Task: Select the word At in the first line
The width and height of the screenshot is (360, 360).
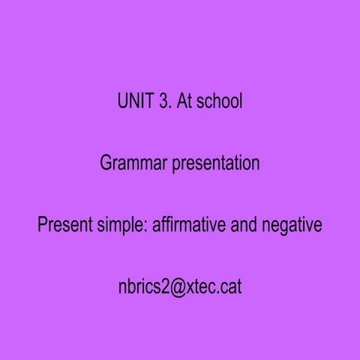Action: click(x=184, y=101)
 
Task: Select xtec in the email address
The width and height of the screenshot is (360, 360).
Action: click(x=203, y=287)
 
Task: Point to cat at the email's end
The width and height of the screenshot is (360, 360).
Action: click(x=231, y=287)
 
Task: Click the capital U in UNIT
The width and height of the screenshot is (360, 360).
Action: click(x=123, y=101)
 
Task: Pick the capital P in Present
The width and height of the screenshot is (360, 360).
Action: click(x=43, y=225)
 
